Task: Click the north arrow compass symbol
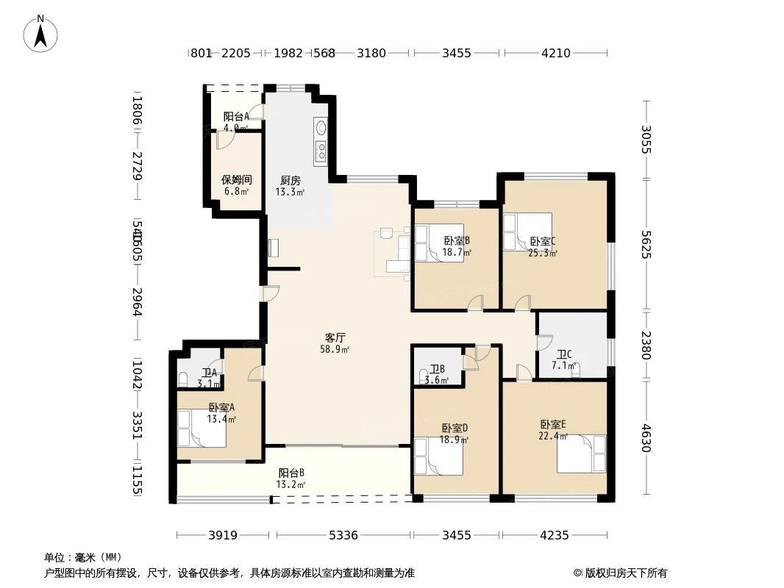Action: click(x=42, y=33)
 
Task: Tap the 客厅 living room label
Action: click(x=335, y=338)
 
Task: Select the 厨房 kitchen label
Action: click(x=291, y=180)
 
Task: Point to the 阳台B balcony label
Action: click(x=291, y=473)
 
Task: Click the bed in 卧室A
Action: click(x=202, y=428)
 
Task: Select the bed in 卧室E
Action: click(x=582, y=453)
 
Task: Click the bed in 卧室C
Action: click(x=527, y=232)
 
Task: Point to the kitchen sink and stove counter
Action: click(x=321, y=141)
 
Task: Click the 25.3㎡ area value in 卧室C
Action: click(x=543, y=253)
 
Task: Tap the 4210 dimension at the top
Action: click(x=556, y=53)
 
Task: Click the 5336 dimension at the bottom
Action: click(x=343, y=535)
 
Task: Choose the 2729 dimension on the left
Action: click(x=136, y=168)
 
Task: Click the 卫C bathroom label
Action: click(x=564, y=354)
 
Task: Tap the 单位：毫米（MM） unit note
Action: click(x=83, y=557)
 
